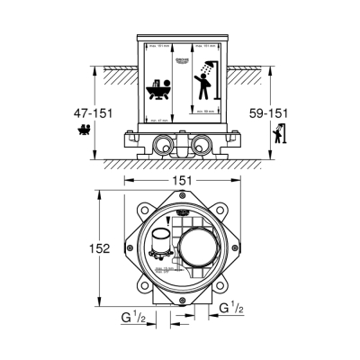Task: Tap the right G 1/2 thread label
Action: (x=232, y=308)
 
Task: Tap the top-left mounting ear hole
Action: (x=135, y=204)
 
